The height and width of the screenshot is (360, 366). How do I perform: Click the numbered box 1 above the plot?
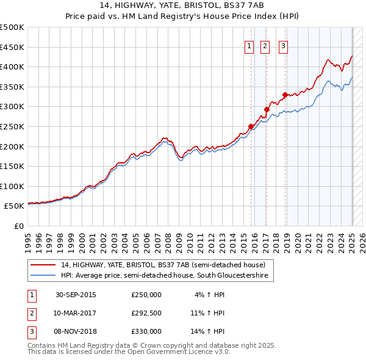tap(250, 47)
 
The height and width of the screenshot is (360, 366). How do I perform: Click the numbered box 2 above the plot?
tap(265, 47)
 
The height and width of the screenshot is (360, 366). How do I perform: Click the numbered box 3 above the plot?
tap(284, 47)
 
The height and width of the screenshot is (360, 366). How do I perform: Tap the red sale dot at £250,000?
tap(251, 126)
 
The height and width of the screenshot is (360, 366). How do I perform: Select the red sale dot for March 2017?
tap(267, 110)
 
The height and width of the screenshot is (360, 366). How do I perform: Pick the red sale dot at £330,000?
tap(285, 95)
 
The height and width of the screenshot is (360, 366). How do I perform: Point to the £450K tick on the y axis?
tap(13, 47)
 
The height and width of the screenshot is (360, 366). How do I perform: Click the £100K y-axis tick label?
tap(13, 187)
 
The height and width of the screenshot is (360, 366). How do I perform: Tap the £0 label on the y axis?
tap(19, 226)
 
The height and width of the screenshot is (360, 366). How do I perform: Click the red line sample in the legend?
tap(43, 265)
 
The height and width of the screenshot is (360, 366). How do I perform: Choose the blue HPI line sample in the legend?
tap(43, 276)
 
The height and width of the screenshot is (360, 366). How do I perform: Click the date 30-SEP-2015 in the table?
tap(76, 295)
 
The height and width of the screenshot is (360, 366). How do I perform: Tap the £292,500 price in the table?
tap(146, 313)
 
